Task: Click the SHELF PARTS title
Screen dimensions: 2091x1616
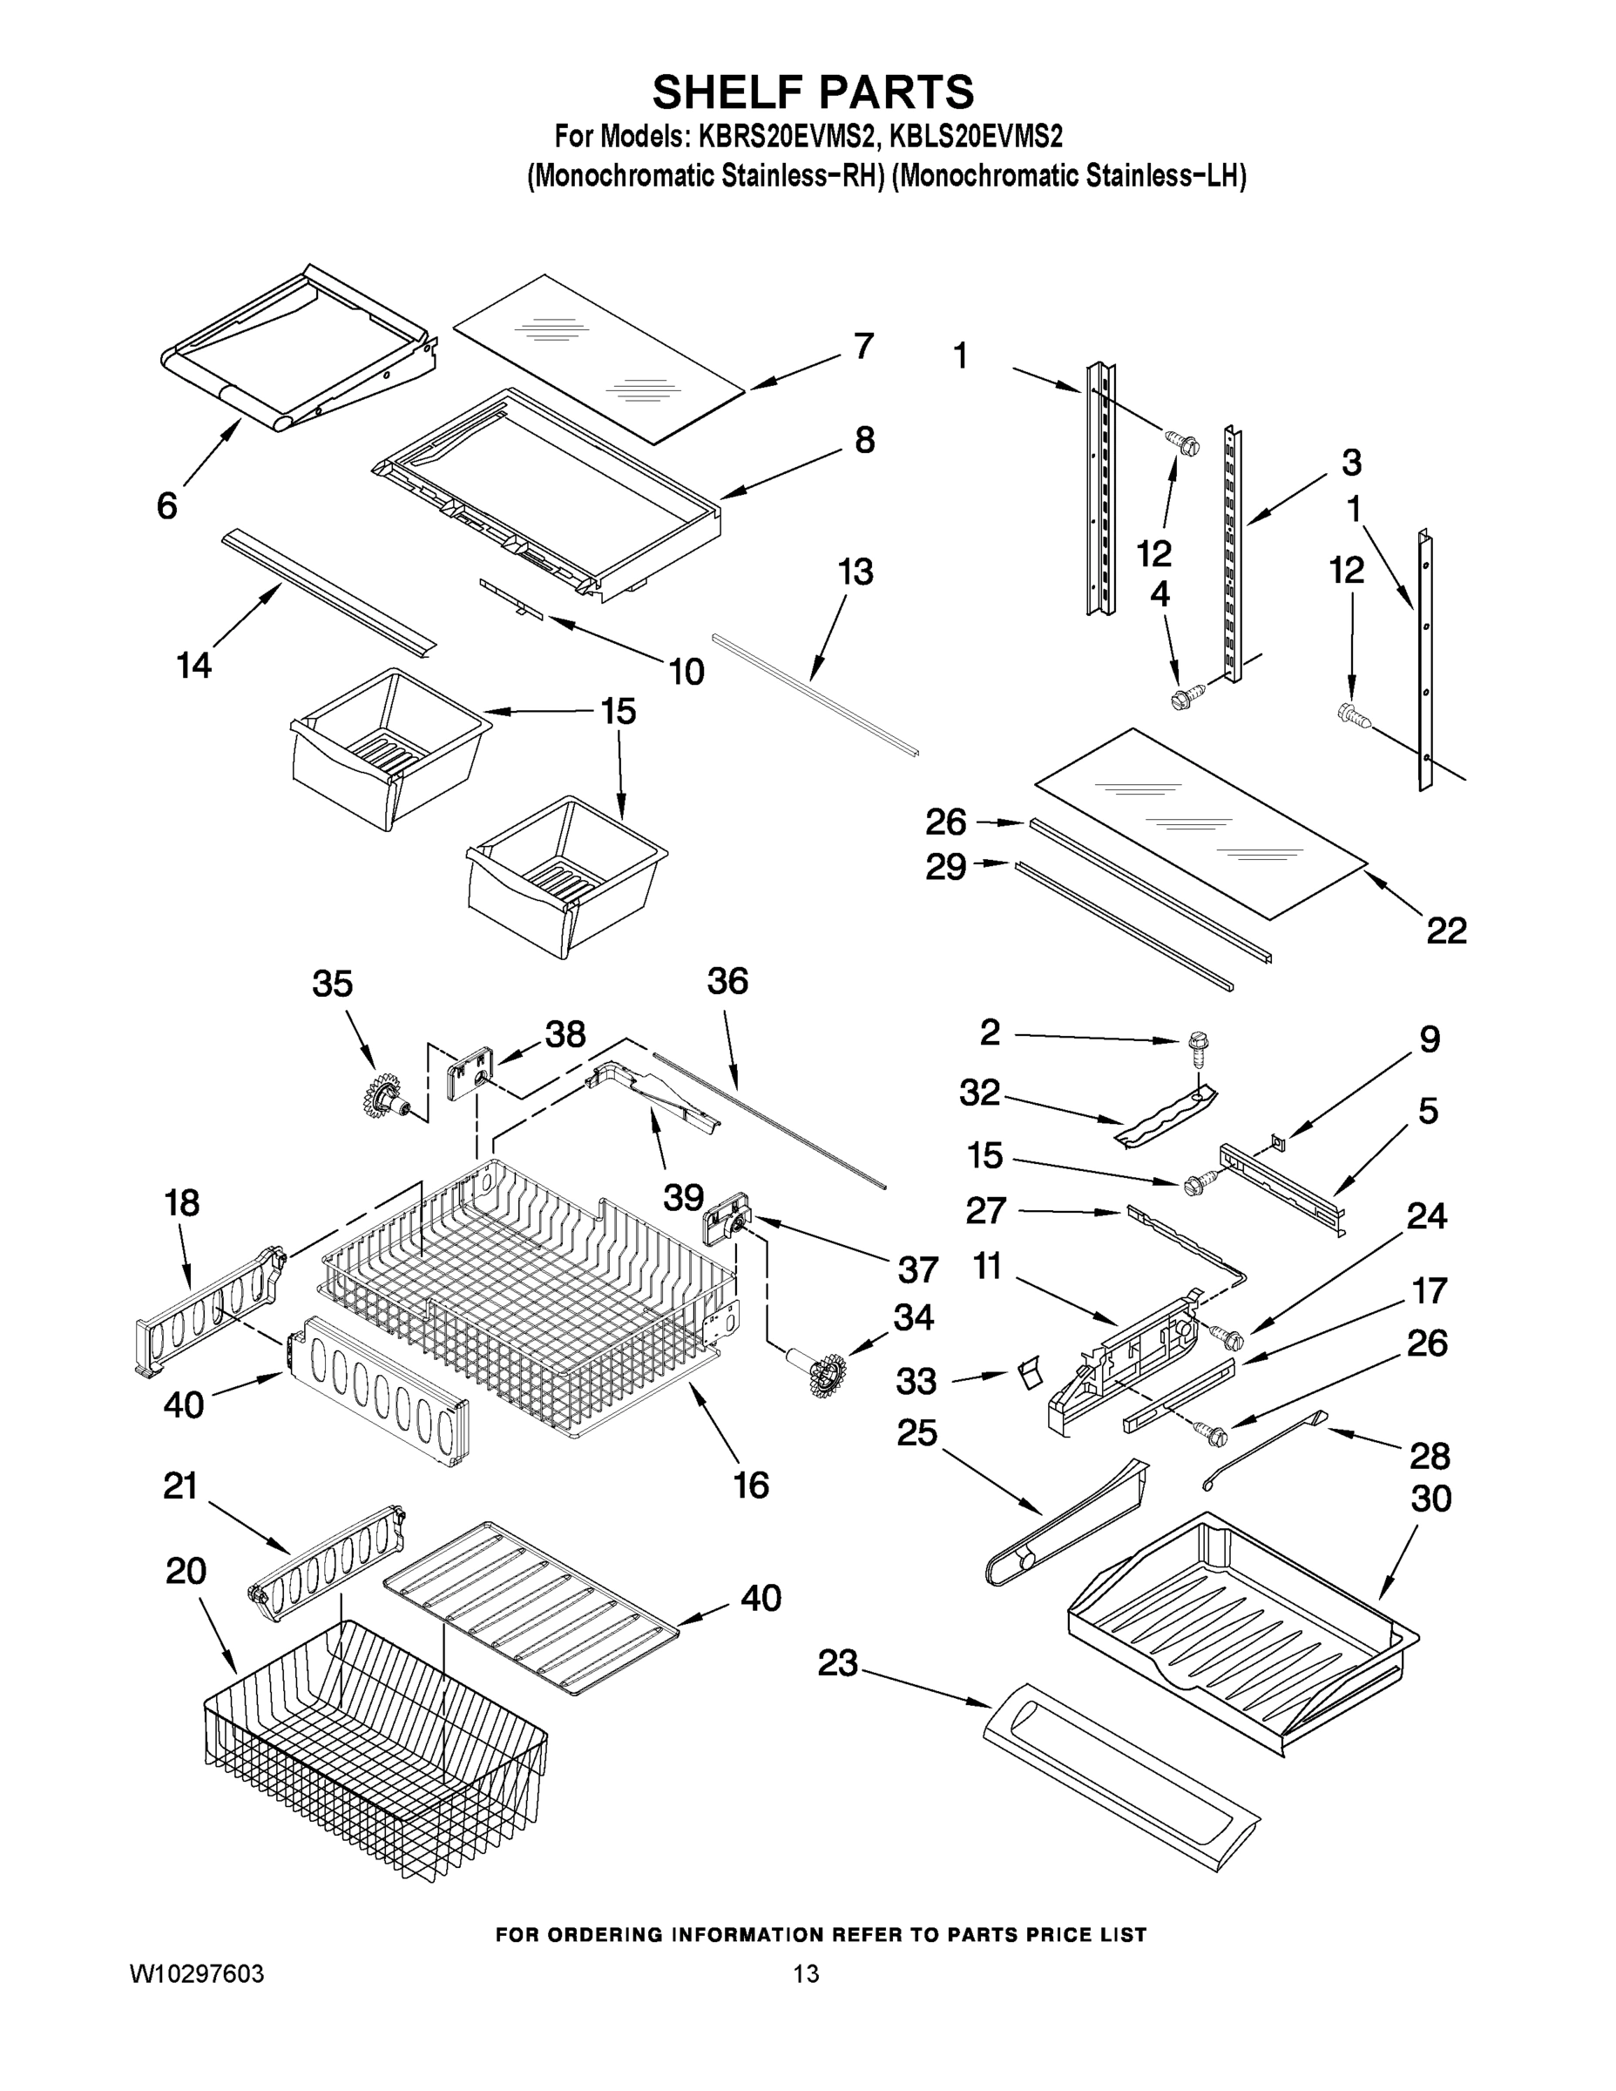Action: [x=813, y=93]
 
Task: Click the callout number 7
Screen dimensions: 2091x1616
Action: [x=862, y=346]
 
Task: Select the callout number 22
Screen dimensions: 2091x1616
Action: [x=1445, y=930]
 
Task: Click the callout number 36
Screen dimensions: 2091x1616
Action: [x=727, y=981]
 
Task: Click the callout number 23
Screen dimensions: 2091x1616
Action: [x=838, y=1664]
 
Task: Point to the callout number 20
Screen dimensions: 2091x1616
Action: [x=186, y=1571]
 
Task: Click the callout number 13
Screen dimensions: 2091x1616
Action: [x=855, y=572]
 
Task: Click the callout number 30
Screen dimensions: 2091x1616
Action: [x=1430, y=1499]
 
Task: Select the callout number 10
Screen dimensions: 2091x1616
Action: [x=686, y=671]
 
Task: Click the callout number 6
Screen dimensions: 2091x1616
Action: [x=166, y=505]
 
